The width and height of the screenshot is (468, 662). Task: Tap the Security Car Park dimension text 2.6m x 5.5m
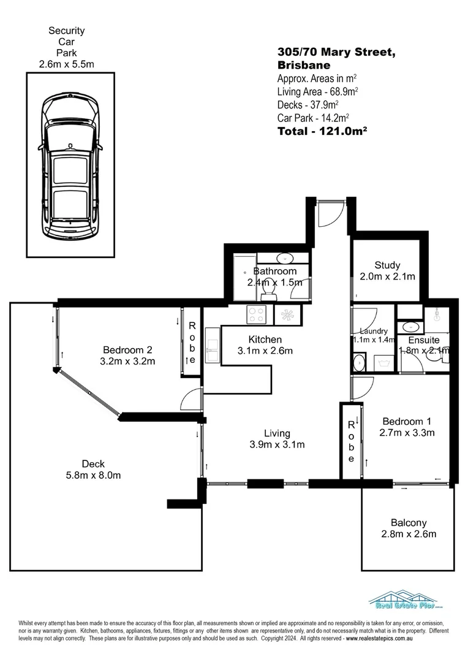(x=67, y=64)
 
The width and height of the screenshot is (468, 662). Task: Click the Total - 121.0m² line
(x=322, y=131)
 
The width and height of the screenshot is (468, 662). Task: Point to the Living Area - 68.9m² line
(x=317, y=91)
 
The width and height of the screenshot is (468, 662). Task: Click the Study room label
(x=388, y=265)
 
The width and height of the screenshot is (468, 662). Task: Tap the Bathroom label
(x=275, y=271)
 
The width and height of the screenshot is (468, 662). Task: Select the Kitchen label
(x=265, y=340)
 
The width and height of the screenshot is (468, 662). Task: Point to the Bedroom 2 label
(x=127, y=350)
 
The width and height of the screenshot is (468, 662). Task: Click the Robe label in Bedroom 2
(x=192, y=343)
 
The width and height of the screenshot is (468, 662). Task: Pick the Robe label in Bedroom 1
(x=351, y=441)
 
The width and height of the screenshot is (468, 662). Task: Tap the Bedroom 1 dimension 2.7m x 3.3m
(x=407, y=433)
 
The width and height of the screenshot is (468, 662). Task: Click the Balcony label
(x=409, y=523)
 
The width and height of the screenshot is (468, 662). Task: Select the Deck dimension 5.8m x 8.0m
(x=92, y=475)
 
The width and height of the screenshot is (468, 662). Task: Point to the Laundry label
(x=374, y=331)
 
